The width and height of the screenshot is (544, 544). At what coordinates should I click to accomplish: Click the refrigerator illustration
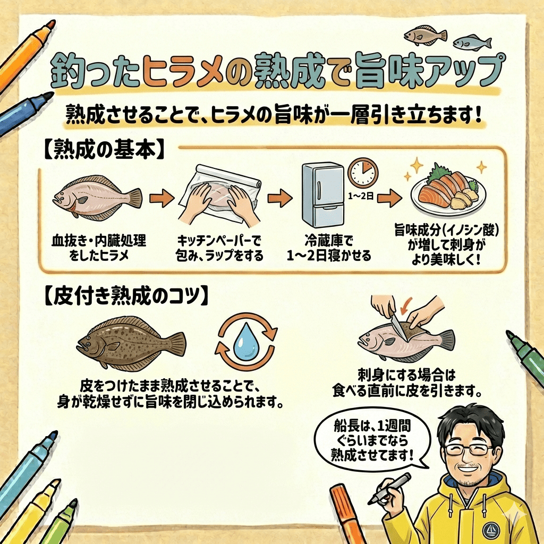click(x=322, y=195)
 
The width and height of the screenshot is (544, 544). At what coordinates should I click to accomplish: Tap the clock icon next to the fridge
click(x=363, y=173)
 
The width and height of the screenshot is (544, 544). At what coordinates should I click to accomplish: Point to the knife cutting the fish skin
click(x=398, y=325)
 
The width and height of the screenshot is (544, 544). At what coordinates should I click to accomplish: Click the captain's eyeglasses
click(x=469, y=449)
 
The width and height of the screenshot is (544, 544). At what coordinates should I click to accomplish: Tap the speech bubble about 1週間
click(x=372, y=440)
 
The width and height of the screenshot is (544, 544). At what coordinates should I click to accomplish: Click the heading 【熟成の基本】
click(x=104, y=150)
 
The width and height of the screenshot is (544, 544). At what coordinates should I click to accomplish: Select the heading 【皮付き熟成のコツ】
click(x=126, y=296)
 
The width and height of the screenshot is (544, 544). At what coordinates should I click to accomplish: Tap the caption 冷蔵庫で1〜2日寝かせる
click(x=328, y=248)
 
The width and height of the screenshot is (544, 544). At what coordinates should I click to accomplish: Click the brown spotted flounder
click(x=131, y=342)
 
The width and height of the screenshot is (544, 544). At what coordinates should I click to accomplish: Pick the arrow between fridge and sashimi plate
click(x=389, y=198)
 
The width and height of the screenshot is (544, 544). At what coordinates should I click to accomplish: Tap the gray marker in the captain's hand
click(x=388, y=489)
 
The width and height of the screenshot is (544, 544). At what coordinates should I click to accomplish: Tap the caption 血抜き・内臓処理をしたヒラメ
click(x=99, y=248)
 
